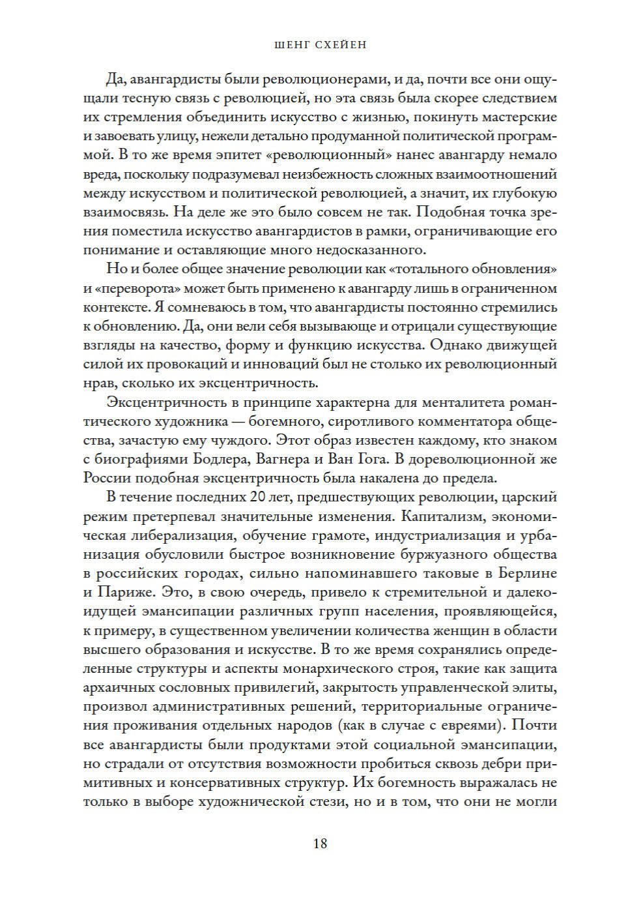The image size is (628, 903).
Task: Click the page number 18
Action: [x=320, y=843]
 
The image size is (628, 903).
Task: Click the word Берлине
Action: [x=528, y=573]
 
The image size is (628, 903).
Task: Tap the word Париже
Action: [x=121, y=592]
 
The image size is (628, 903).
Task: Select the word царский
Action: [x=529, y=497]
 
